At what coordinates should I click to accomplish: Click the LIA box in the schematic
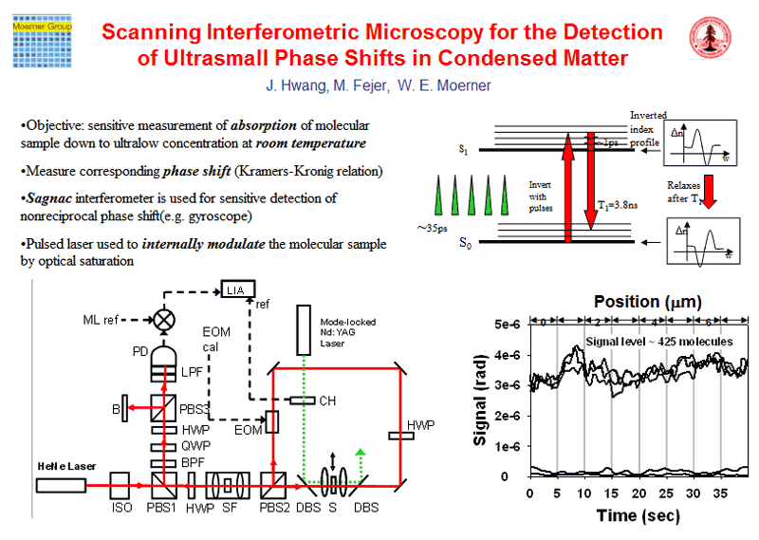pos(237,289)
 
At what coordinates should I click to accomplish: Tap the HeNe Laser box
pos(61,485)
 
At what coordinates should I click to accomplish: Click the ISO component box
pos(120,485)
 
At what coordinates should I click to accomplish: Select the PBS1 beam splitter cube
pos(160,485)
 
